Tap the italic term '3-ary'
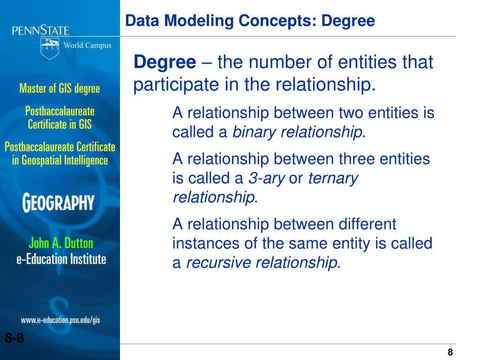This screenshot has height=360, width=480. coord(267,179)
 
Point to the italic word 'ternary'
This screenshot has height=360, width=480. coord(333,179)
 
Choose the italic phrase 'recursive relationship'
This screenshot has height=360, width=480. coord(262,263)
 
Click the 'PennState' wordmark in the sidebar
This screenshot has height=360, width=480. coord(41,31)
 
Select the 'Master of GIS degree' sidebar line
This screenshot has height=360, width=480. coord(60,88)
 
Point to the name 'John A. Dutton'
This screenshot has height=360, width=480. coord(61,243)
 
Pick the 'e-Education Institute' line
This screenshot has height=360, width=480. coord(61,259)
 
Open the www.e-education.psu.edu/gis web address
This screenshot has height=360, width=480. coord(60,321)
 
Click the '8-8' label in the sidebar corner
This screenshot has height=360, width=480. coord(15,338)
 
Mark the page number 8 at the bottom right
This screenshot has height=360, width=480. coord(450,352)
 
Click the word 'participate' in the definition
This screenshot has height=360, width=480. coord(170,85)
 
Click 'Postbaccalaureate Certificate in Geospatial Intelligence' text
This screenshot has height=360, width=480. coord(60,153)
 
